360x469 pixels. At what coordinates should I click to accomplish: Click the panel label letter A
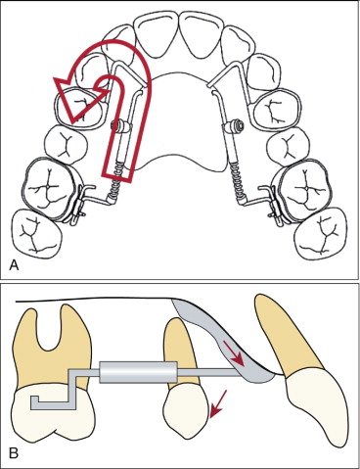point(14,265)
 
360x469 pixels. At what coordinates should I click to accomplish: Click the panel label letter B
point(14,453)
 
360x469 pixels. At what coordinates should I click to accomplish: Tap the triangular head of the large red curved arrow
point(79,97)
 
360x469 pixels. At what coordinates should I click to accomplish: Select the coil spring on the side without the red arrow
point(237,180)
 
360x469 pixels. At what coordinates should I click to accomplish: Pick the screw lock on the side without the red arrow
point(235,125)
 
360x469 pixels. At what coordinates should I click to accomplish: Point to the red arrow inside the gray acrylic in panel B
point(237,354)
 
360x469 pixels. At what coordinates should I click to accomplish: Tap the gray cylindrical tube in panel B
point(138,372)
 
